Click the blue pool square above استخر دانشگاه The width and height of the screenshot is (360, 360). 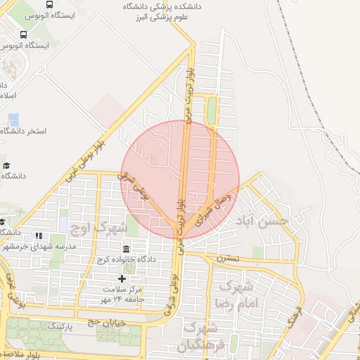coord(14,119)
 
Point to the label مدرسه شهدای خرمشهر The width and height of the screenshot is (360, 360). coord(39,247)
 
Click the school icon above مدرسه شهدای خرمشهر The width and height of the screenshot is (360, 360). coord(38,236)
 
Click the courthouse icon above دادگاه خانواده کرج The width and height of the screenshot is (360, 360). coord(126,250)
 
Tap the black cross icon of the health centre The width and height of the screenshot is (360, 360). coord(122,279)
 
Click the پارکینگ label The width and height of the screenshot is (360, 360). coord(65,327)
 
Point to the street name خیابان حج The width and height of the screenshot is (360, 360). coord(103,322)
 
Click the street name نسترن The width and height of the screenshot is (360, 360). coord(227,258)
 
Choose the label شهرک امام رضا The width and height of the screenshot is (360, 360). coord(240,294)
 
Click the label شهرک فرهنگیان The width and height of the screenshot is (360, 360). coord(200,337)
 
